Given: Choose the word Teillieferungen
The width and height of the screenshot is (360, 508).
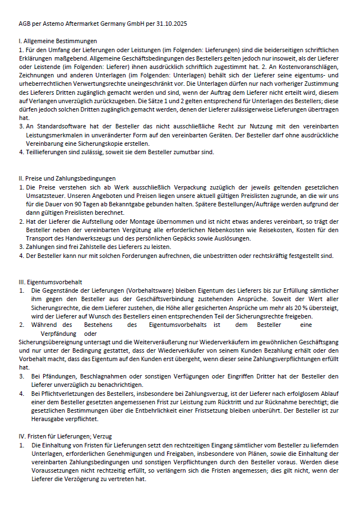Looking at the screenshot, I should (x=52, y=151).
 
